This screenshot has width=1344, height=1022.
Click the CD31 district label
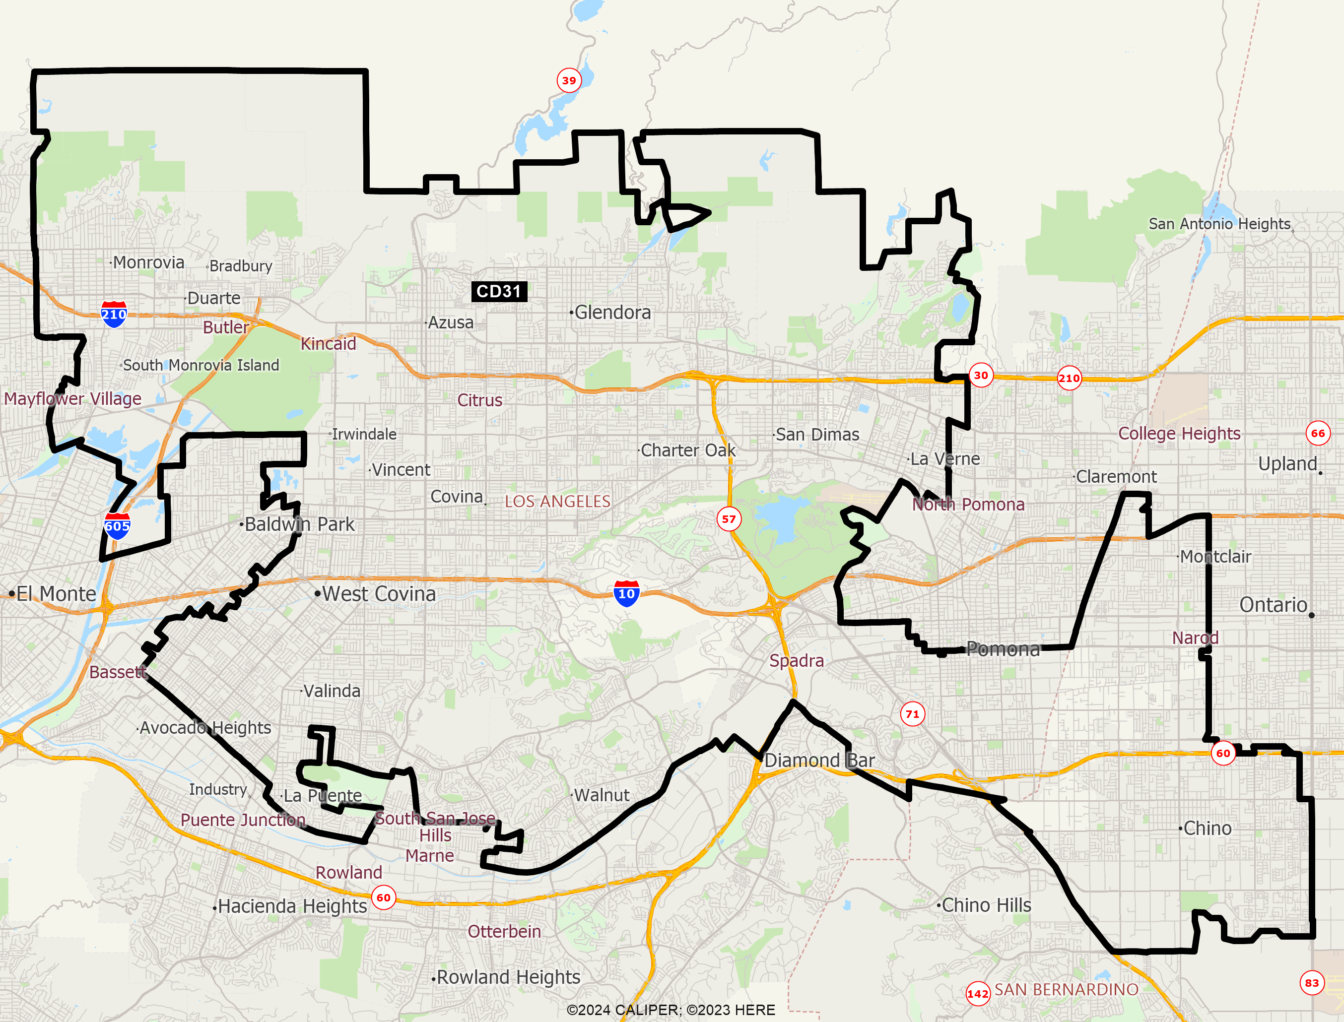[x=499, y=291]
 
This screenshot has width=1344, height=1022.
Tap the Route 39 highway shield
[x=569, y=80]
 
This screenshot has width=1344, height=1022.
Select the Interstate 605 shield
[x=117, y=526]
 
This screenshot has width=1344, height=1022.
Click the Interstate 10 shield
[x=626, y=594]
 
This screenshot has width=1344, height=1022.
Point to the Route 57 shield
[x=729, y=519]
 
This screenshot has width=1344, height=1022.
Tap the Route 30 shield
[x=981, y=376]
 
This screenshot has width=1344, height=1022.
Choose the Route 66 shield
[x=1318, y=433]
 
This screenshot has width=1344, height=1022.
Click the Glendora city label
[x=612, y=313]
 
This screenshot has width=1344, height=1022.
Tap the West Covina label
[x=379, y=594]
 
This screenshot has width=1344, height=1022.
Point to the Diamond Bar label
[x=819, y=761]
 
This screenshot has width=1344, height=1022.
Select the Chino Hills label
[x=986, y=905]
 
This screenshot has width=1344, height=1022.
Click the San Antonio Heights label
[x=1219, y=224]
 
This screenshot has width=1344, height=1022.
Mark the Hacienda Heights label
[x=292, y=906]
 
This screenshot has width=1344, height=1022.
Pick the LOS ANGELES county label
[x=557, y=501]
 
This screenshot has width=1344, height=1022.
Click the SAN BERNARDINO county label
[x=1066, y=990]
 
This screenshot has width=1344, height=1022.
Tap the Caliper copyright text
[x=671, y=1010]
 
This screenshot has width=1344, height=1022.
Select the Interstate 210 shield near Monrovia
[x=114, y=315]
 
